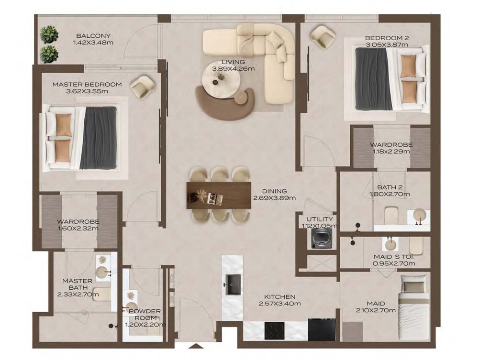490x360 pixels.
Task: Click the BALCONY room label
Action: click(x=93, y=36)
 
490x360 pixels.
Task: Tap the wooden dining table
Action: click(x=219, y=195)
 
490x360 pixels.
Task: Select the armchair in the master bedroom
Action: click(x=142, y=87)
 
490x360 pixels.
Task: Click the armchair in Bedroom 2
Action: click(x=323, y=37)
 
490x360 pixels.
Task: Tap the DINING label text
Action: click(x=274, y=191)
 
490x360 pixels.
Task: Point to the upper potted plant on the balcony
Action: click(x=49, y=35)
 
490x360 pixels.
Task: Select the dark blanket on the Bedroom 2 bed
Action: click(x=373, y=79)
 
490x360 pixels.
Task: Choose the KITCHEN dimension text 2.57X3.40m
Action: click(x=279, y=304)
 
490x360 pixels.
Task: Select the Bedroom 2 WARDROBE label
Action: click(x=390, y=144)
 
